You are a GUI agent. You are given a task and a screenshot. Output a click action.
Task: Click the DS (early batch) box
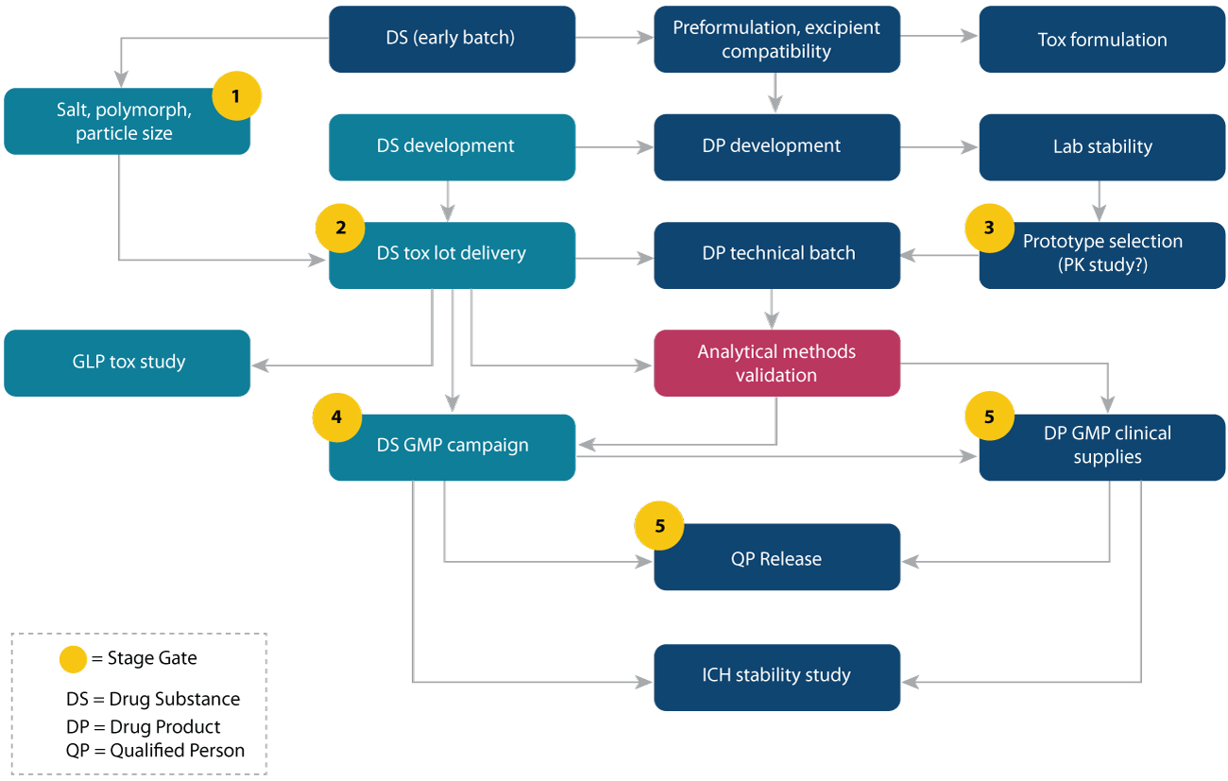tap(452, 39)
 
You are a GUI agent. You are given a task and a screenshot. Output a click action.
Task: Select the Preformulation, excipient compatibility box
tap(776, 39)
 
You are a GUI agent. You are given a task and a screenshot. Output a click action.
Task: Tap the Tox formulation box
tap(1101, 39)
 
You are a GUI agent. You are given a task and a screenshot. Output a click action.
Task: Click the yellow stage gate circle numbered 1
tap(236, 96)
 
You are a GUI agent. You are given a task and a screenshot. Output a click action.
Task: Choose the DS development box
tap(452, 146)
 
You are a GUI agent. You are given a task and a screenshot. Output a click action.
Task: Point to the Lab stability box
tap(1101, 146)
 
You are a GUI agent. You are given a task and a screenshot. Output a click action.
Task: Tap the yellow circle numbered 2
tap(340, 228)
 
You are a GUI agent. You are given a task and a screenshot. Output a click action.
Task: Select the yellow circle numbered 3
tap(989, 228)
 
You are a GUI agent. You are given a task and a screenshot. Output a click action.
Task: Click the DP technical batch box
tap(776, 254)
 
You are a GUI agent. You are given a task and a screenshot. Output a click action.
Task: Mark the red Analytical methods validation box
tap(776, 363)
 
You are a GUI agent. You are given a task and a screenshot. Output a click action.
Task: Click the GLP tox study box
tap(127, 363)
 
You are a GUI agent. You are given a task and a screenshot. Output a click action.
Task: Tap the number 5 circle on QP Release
tap(659, 526)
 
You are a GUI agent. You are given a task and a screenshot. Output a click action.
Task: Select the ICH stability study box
tap(776, 676)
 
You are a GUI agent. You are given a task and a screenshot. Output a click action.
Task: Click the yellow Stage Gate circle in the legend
tap(74, 658)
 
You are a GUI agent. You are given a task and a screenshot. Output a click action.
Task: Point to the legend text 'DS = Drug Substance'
tap(153, 700)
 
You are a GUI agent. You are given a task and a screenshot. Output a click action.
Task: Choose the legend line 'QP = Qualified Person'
tap(155, 751)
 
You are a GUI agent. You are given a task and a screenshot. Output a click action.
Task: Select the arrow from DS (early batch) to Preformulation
tap(614, 39)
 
